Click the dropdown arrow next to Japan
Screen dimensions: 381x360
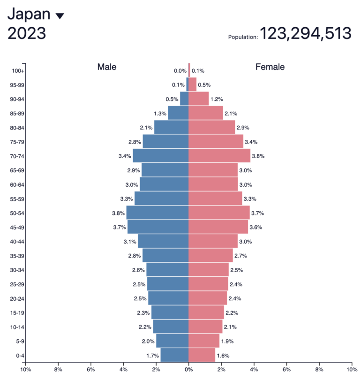point(60,16)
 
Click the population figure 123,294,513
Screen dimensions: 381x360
point(305,33)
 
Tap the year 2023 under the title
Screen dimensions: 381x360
point(27,33)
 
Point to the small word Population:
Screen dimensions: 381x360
point(243,37)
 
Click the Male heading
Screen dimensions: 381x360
point(107,67)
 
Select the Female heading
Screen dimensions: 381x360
point(270,67)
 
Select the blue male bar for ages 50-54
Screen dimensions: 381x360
point(157,213)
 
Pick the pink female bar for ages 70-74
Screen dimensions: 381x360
point(219,156)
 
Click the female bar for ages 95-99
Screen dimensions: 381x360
point(193,85)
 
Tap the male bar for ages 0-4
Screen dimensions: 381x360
point(174,355)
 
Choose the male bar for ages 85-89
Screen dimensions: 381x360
point(178,113)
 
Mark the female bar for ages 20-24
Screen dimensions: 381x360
point(208,298)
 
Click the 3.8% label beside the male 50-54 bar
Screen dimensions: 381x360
point(119,213)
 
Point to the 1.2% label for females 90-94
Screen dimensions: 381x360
point(217,99)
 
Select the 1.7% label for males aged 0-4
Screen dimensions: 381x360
point(153,356)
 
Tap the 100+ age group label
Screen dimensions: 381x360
point(18,71)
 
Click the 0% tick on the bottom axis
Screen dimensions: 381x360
point(188,370)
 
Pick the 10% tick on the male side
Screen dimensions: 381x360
point(25,370)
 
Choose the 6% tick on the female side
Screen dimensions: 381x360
point(286,370)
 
